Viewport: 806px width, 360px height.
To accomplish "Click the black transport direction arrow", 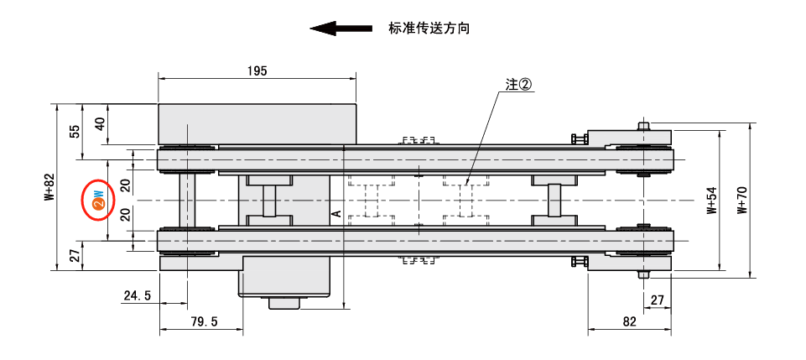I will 341,29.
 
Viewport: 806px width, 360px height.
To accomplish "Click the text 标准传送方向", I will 429,29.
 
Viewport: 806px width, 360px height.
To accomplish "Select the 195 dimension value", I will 257,71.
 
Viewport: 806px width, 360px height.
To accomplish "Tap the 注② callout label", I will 519,85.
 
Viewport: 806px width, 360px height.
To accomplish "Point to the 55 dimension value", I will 75,132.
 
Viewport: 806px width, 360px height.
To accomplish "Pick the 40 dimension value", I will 101,123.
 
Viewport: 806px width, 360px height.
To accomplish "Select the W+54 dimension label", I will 712,201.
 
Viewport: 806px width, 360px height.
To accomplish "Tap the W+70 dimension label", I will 741,201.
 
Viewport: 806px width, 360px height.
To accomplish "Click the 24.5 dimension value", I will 137,295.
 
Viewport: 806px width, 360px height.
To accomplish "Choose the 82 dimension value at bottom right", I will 630,321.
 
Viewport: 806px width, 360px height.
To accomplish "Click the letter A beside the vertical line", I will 336,214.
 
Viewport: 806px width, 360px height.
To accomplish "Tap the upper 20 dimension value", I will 125,185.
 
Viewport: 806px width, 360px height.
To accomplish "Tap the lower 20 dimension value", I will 125,214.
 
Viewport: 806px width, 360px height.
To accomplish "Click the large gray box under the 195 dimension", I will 257,123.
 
